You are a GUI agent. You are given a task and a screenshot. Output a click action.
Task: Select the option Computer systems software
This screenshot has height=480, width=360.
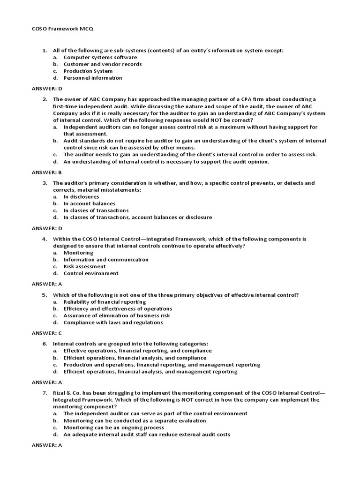click(x=94, y=57)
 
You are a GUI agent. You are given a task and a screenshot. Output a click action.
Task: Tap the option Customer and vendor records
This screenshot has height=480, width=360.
click(x=103, y=64)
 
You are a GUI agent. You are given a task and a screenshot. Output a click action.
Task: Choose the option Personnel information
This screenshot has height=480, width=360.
click(x=93, y=78)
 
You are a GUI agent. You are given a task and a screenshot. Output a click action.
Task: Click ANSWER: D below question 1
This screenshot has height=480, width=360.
click(x=47, y=88)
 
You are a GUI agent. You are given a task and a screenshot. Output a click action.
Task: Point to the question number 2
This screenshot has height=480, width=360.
click(x=45, y=99)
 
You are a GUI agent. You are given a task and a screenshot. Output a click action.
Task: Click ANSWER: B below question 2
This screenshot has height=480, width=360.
click(x=47, y=172)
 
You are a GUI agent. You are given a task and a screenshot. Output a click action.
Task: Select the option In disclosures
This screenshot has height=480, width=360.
click(x=81, y=197)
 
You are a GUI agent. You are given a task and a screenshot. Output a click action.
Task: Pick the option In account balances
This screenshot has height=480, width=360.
click(x=90, y=204)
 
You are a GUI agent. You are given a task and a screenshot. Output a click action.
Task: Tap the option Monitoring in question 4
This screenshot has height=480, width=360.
click(x=79, y=253)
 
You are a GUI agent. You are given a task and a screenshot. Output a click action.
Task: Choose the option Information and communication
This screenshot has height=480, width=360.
click(x=106, y=260)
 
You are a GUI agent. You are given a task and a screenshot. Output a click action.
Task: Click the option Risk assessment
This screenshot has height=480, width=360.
click(x=85, y=266)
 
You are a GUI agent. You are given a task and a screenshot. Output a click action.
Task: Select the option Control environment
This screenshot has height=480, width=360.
click(x=91, y=273)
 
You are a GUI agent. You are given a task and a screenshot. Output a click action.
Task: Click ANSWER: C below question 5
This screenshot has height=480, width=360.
click(x=47, y=333)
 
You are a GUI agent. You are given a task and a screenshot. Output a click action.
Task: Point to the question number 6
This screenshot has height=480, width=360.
click(x=45, y=344)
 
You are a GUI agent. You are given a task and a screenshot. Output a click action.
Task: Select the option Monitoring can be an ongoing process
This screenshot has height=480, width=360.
click(x=114, y=427)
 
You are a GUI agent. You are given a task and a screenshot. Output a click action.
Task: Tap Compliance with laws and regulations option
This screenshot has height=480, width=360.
click(x=113, y=322)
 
